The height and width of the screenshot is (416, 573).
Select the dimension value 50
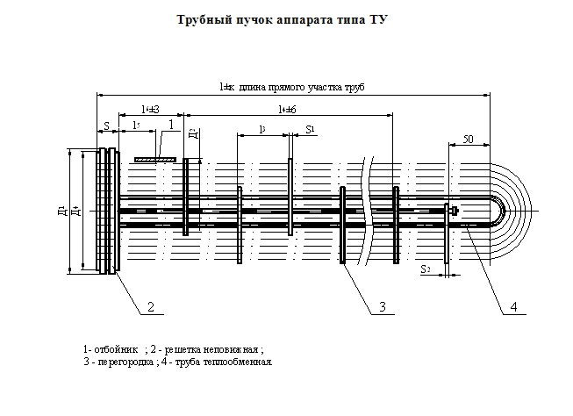[468, 140]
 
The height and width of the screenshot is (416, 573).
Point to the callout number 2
[150, 306]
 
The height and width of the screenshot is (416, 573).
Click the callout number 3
[383, 306]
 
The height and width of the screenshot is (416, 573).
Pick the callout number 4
[513, 306]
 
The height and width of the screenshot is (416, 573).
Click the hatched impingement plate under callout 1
[155, 159]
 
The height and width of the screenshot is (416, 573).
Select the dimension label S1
[309, 129]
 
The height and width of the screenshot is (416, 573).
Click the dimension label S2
[425, 269]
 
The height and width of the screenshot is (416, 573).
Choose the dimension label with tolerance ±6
[286, 109]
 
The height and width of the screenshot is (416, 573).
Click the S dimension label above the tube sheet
[105, 126]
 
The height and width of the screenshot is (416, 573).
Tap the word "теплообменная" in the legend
[241, 361]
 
